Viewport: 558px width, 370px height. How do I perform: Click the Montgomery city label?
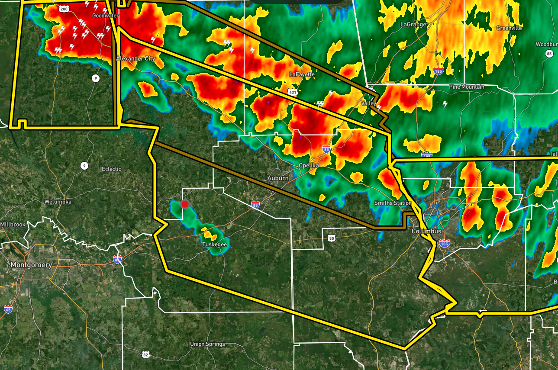click(x=31, y=265)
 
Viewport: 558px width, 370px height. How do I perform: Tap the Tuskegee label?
click(x=214, y=245)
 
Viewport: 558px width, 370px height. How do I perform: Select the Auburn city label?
click(x=277, y=178)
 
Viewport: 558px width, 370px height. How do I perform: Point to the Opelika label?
click(x=309, y=166)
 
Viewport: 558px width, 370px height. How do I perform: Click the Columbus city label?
click(x=426, y=232)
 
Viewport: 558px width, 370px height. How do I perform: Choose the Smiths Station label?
click(x=393, y=203)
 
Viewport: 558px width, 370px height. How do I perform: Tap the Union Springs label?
click(x=207, y=344)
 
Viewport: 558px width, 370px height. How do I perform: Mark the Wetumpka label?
click(x=58, y=202)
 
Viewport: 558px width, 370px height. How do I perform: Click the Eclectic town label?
click(x=111, y=169)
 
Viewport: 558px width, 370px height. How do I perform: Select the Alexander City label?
click(x=135, y=58)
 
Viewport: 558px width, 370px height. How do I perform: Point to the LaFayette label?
click(x=302, y=74)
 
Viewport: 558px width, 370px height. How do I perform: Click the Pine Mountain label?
click(x=467, y=87)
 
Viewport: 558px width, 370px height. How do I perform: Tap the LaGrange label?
click(x=413, y=25)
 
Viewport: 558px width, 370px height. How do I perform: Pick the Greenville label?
click(x=509, y=28)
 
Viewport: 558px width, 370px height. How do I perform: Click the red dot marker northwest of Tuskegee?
click(x=185, y=204)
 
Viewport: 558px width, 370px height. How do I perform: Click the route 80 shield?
click(x=332, y=238)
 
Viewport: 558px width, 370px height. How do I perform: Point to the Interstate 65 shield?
click(x=8, y=309)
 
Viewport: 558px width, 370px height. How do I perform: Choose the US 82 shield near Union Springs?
click(x=145, y=354)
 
